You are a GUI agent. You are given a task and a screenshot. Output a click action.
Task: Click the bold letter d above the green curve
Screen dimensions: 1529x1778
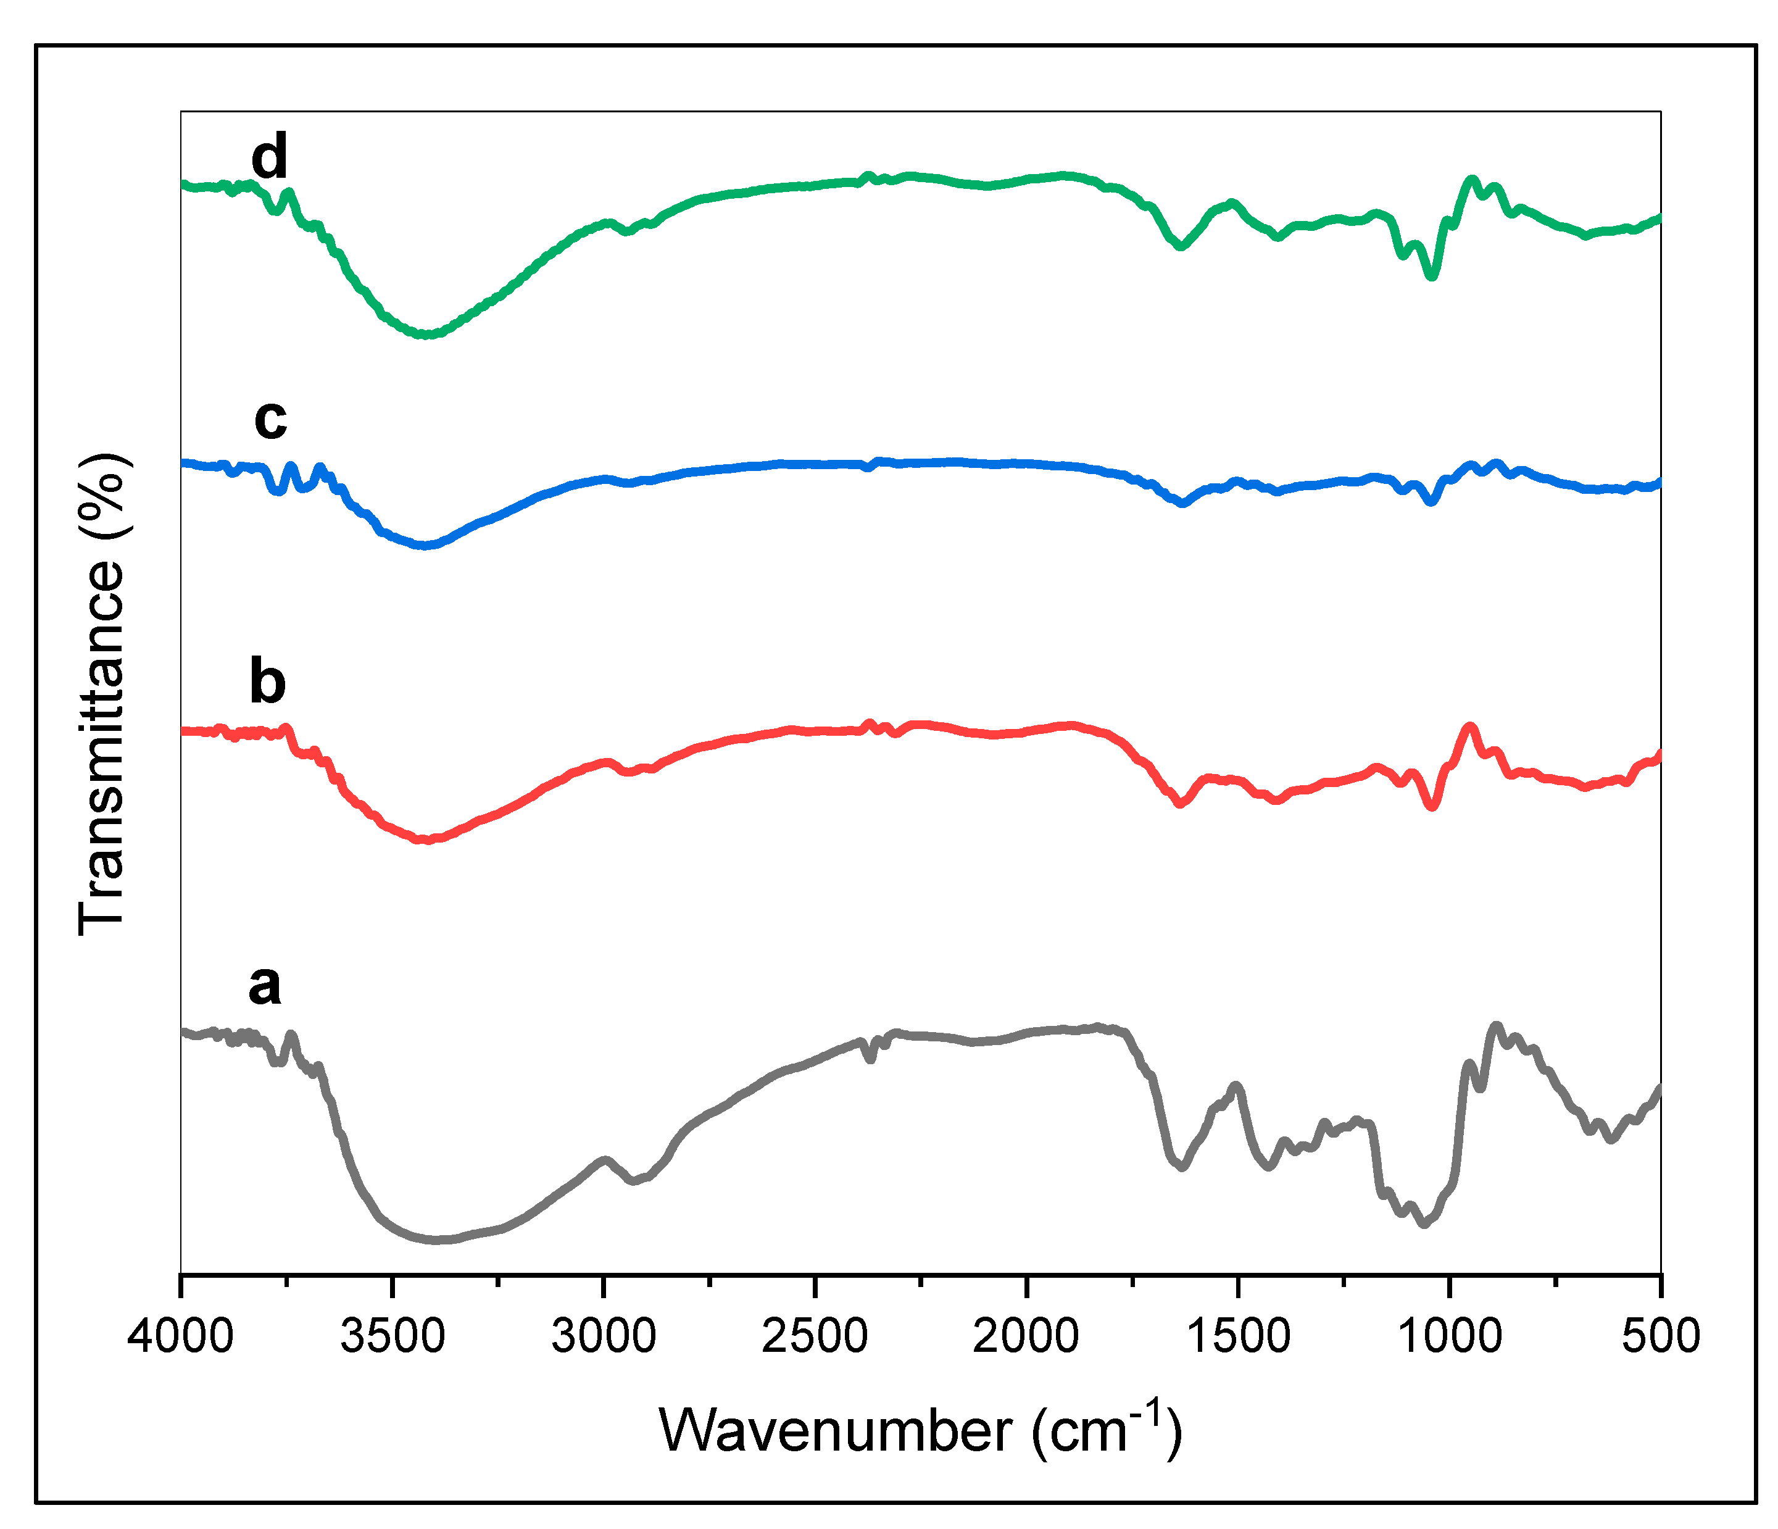(x=270, y=157)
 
